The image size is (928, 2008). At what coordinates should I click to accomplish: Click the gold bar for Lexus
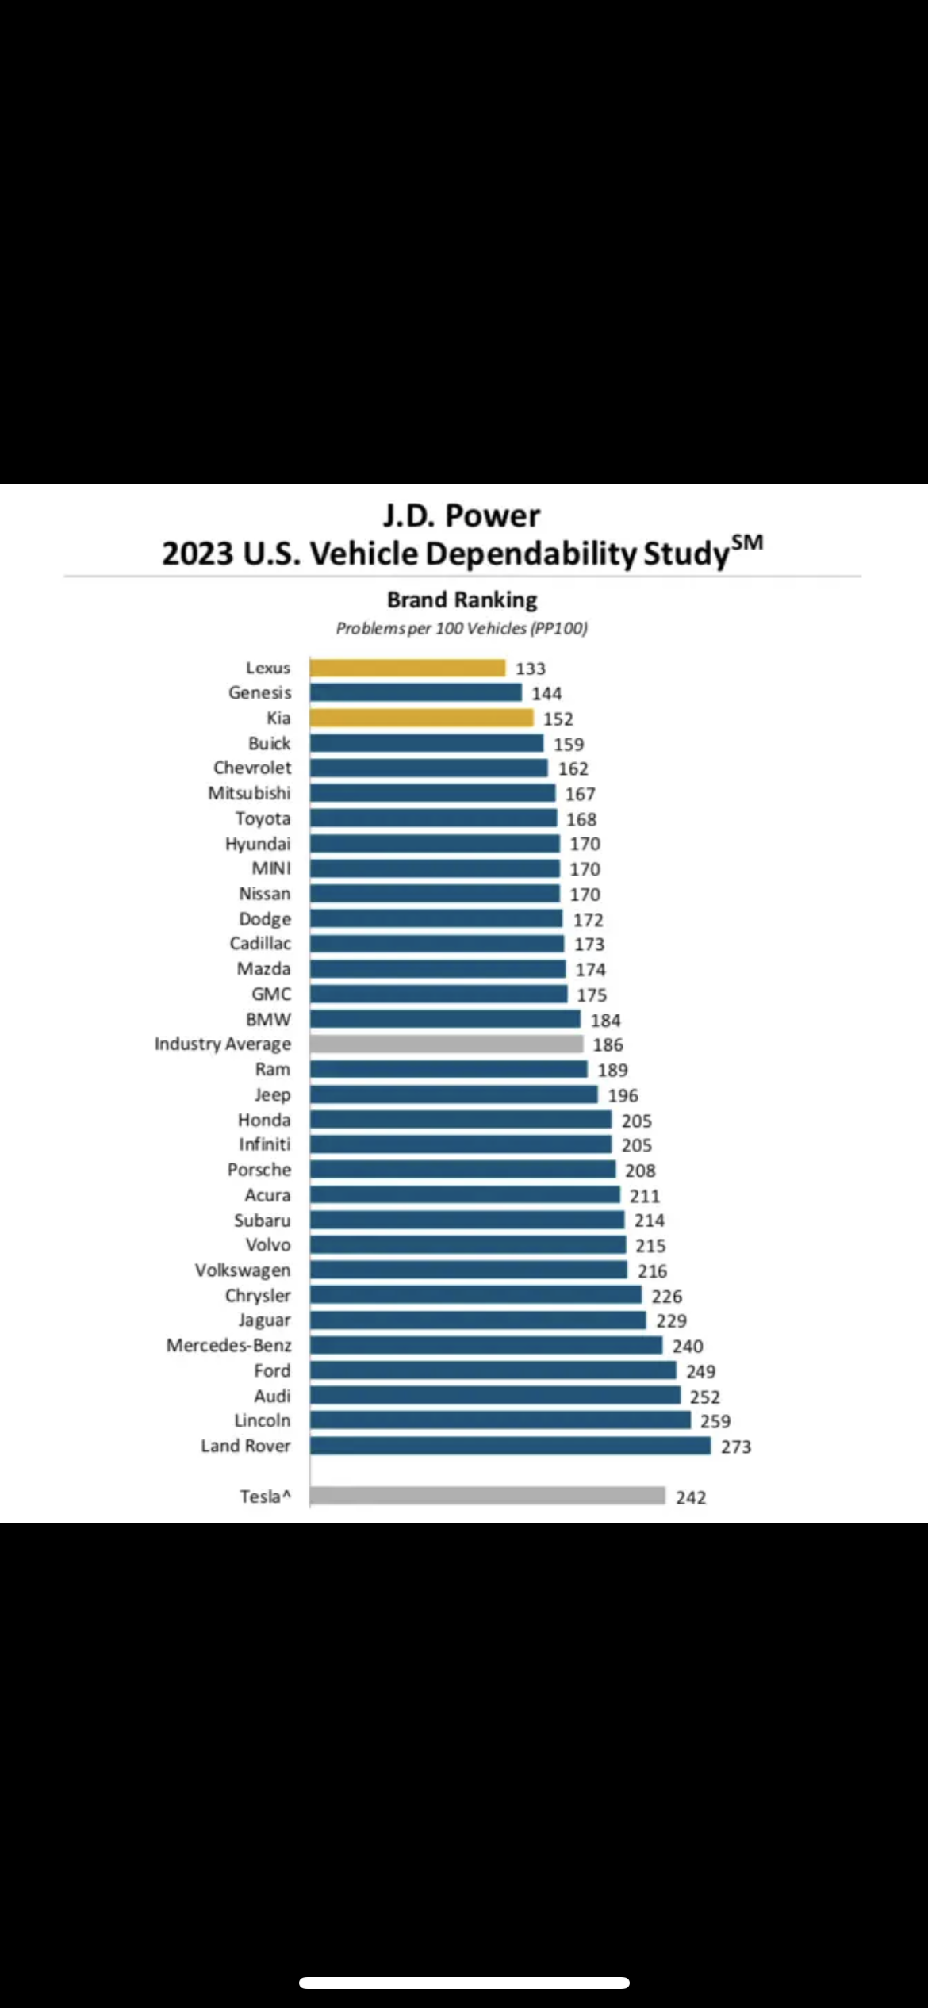407,668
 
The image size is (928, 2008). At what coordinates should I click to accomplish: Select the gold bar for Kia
421,718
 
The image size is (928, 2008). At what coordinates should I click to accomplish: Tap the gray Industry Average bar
446,1044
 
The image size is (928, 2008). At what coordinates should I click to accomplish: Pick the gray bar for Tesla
487,1496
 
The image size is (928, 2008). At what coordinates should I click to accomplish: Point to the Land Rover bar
510,1446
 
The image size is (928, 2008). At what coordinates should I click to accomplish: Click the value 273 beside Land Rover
736,1447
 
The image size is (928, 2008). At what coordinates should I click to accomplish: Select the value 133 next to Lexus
531,669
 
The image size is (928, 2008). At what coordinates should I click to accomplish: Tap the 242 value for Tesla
691,1497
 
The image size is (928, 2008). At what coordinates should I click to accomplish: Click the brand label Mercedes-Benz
228,1345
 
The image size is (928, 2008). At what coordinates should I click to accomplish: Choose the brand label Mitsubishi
249,793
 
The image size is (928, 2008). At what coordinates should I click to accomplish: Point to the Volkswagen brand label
243,1270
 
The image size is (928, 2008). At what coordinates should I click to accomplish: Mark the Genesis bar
416,692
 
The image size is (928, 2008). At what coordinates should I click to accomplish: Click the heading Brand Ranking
462,600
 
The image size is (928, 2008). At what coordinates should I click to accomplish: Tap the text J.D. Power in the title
462,515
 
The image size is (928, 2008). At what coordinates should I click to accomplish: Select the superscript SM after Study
747,542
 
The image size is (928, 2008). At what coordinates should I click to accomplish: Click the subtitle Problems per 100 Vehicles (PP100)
462,628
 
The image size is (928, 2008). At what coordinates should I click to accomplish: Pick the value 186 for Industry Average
608,1044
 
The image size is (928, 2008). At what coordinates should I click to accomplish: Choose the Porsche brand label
259,1170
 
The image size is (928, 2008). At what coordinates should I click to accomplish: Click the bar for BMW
445,1019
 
